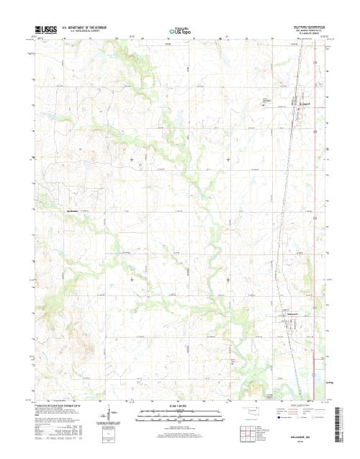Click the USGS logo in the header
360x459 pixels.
tap(44, 31)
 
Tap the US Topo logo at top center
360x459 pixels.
tap(180, 31)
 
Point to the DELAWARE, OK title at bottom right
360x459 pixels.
tap(302, 437)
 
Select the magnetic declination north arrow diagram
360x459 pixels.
tap(108, 416)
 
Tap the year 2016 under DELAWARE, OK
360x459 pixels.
tap(302, 442)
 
